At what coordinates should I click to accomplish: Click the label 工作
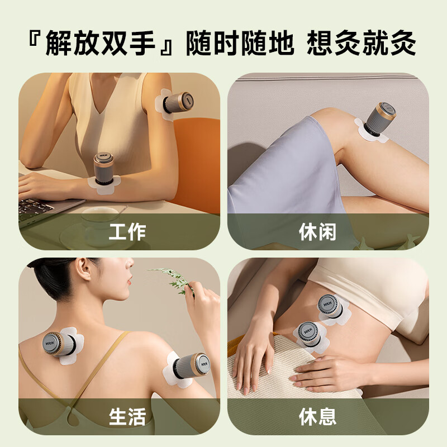coord(127,231)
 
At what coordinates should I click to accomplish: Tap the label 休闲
coord(318,231)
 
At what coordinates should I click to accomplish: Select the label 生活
coord(127,417)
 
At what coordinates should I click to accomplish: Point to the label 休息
coord(318,417)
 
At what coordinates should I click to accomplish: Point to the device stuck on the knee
coord(381,119)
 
